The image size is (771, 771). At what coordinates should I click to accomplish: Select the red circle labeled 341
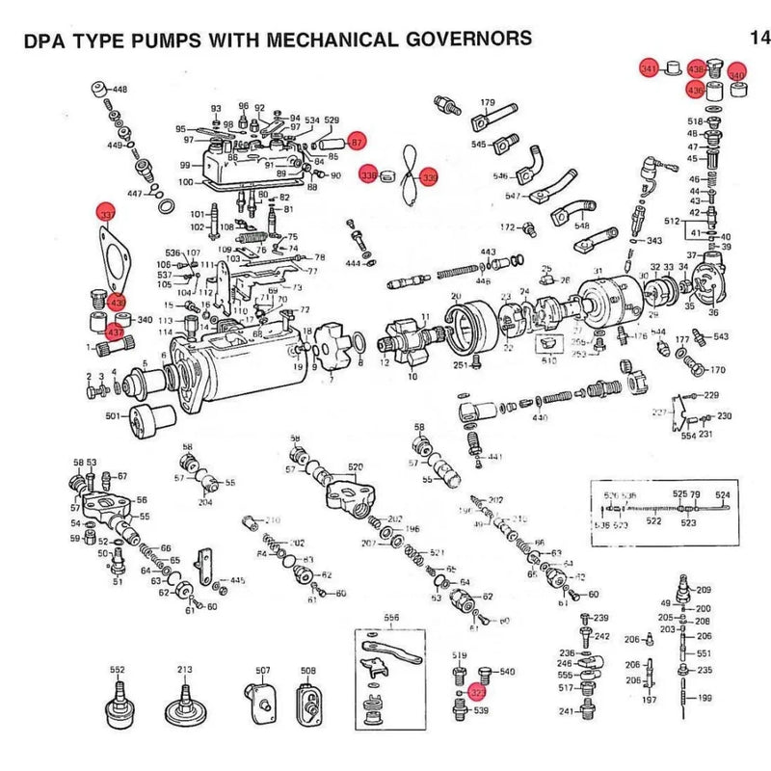(650, 69)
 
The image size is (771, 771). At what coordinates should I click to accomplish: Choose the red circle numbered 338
(367, 176)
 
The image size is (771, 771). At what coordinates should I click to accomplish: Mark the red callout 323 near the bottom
(478, 692)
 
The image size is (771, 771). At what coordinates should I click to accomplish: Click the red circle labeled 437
(115, 332)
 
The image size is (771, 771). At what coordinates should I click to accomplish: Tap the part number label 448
(120, 89)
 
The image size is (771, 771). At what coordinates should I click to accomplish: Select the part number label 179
(488, 103)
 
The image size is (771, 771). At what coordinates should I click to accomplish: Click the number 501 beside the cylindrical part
(112, 416)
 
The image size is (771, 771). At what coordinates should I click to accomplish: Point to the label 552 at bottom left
(117, 669)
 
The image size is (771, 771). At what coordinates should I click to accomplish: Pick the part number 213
(184, 669)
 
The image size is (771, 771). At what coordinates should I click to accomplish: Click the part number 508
(308, 670)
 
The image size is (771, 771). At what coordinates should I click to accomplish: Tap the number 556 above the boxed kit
(391, 618)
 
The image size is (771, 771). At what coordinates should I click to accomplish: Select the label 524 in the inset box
(722, 494)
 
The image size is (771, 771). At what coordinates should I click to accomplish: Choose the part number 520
(356, 467)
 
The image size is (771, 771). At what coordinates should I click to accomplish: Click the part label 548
(582, 226)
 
